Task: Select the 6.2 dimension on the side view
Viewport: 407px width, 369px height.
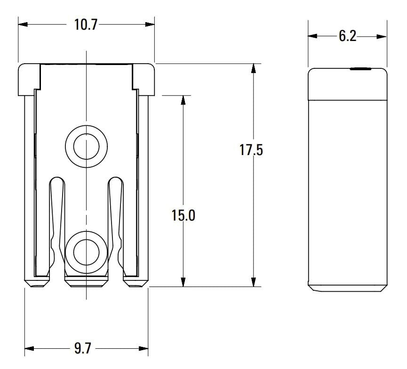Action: [x=347, y=36]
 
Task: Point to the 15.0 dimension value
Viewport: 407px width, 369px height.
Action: [x=183, y=215]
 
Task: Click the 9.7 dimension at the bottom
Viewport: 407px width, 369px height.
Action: [x=83, y=349]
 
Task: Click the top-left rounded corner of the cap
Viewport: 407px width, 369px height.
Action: [x=22, y=67]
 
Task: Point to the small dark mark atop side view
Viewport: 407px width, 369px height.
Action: [x=360, y=69]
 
